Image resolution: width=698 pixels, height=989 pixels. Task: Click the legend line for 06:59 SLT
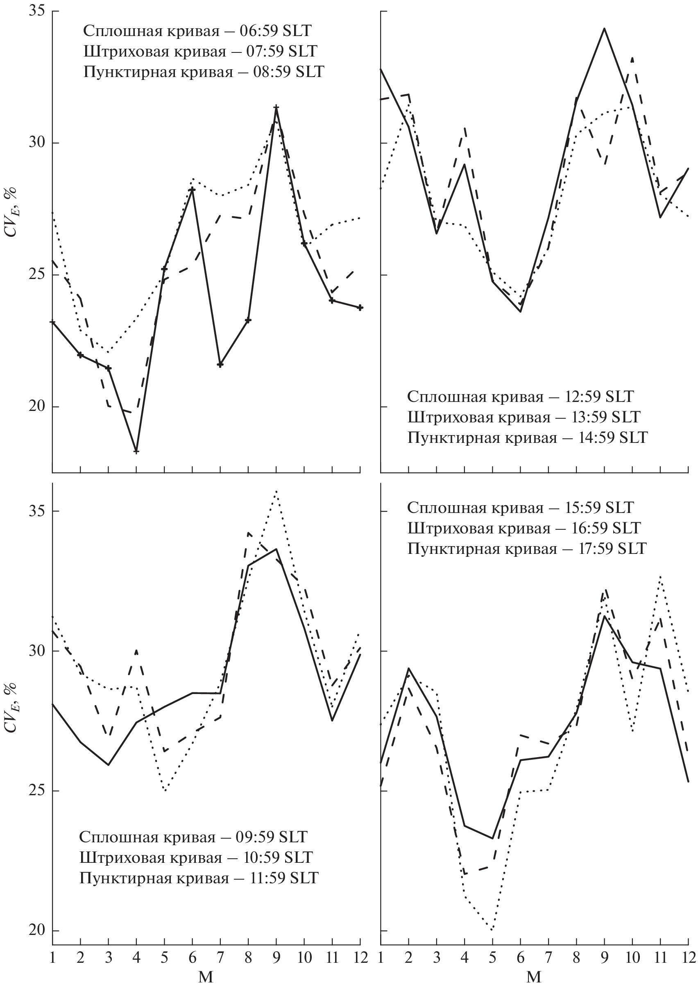(x=197, y=31)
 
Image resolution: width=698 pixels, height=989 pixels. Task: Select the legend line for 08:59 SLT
(x=204, y=72)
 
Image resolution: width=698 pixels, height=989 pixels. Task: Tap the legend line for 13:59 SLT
(x=523, y=417)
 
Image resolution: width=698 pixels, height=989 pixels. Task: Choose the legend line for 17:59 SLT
(x=527, y=548)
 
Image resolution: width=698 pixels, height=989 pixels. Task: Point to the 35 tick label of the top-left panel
(x=37, y=11)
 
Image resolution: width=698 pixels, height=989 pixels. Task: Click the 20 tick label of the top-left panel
(x=37, y=407)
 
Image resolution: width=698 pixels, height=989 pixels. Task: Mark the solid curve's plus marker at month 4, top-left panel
(x=136, y=451)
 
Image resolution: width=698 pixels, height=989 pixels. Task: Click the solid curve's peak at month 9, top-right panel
(x=605, y=28)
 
